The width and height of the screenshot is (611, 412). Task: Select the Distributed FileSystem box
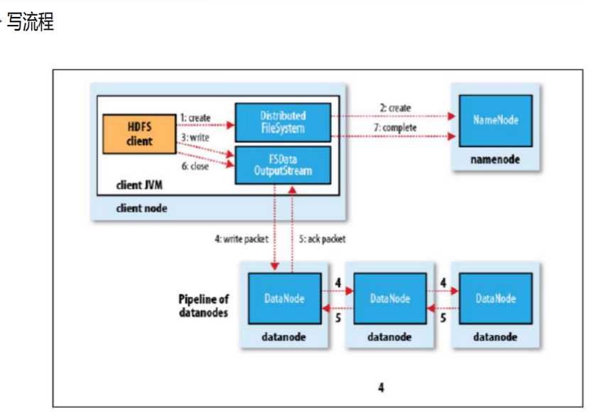pos(283,121)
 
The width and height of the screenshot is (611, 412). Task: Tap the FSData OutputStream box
pos(283,165)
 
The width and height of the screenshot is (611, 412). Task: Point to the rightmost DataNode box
pos(495,298)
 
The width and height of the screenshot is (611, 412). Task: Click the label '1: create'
pos(195,116)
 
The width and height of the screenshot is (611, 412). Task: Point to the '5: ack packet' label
pos(323,239)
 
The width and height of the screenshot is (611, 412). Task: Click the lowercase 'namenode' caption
pos(495,160)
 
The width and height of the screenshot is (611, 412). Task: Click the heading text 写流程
pos(30,22)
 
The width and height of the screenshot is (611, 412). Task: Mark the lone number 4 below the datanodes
pos(382,387)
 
